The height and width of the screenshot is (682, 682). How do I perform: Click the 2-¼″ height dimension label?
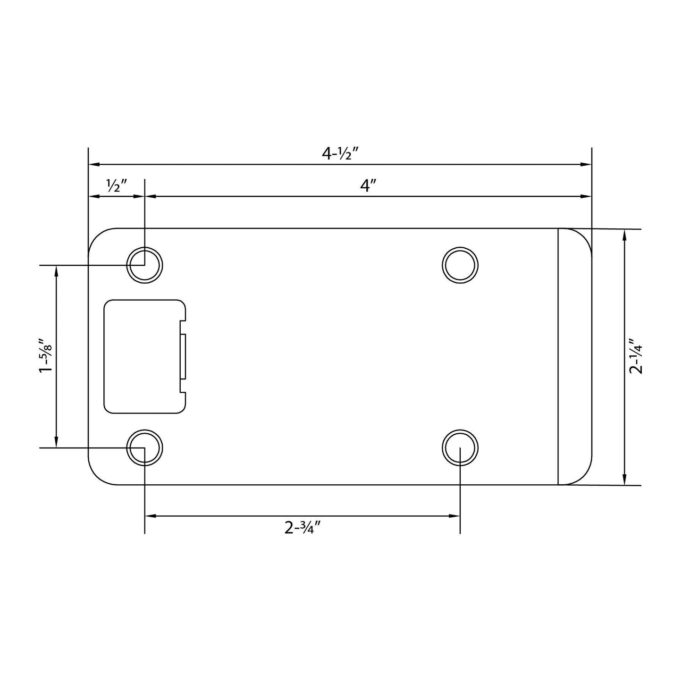pos(636,355)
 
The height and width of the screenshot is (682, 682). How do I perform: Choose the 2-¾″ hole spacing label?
pos(303,527)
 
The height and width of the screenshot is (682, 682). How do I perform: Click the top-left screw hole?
pos(144,265)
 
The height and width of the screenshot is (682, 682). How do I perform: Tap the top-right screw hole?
pos(460,265)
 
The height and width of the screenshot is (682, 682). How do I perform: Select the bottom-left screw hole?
pos(144,447)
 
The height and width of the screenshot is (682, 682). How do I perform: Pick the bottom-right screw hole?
pos(460,447)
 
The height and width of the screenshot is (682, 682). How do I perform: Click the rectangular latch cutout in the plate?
pos(142,356)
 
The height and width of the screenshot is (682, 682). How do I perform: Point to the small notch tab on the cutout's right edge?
pos(184,356)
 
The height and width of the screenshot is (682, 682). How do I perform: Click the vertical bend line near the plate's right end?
pos(558,356)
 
